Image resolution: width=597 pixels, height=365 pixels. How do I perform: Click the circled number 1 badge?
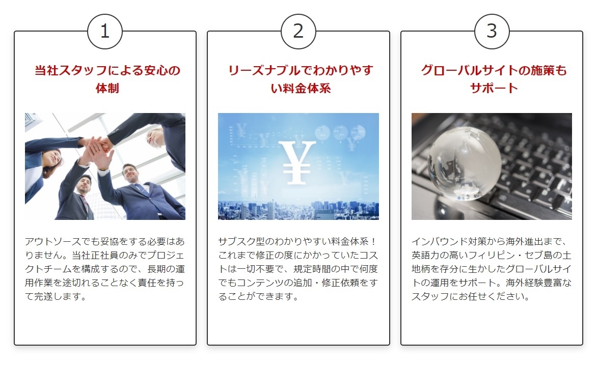point(105,32)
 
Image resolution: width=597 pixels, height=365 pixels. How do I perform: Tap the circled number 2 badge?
point(298,32)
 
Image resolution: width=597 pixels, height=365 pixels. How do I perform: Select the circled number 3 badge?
point(492,32)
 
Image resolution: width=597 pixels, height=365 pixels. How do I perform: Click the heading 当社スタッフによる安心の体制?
point(107,79)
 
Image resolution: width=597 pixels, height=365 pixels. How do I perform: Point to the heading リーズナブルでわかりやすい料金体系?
point(301,79)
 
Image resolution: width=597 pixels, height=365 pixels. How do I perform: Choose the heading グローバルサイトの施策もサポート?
point(494,79)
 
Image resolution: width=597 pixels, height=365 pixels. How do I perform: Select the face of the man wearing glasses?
point(130,174)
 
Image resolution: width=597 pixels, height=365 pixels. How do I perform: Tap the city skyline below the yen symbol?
point(298,210)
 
